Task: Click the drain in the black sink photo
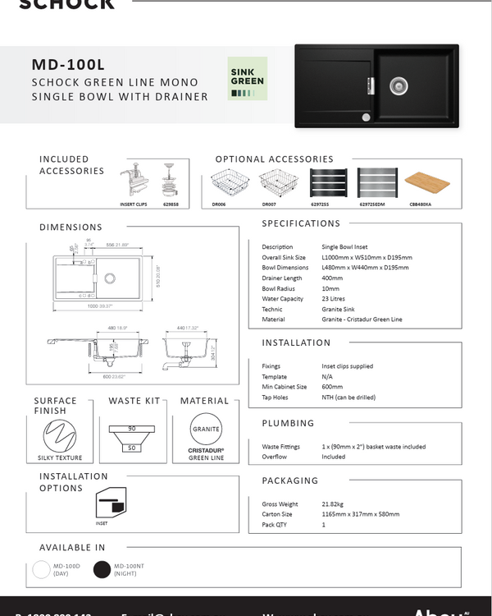click(x=399, y=84)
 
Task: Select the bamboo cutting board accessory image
click(x=428, y=182)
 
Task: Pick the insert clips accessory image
click(x=133, y=181)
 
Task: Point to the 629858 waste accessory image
click(x=171, y=180)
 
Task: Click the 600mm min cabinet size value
click(x=333, y=387)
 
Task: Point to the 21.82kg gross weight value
click(x=335, y=504)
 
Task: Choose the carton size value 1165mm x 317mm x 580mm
click(x=361, y=514)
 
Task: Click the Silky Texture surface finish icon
click(x=60, y=434)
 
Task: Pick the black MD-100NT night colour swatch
click(x=102, y=569)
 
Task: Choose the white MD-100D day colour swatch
click(x=41, y=569)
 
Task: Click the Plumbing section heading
click(x=288, y=424)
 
